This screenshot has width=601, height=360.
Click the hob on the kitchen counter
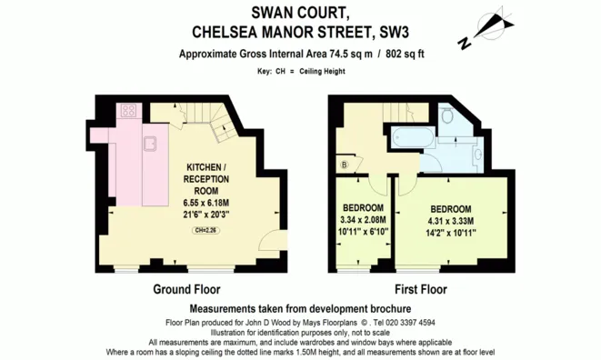tap(129, 111)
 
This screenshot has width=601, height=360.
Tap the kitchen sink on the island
tap(150, 143)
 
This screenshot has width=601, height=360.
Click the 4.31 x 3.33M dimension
tap(452, 220)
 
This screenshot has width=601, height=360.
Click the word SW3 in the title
tap(392, 33)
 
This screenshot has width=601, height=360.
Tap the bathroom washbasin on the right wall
tap(477, 155)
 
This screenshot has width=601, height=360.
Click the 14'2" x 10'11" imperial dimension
tap(452, 233)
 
